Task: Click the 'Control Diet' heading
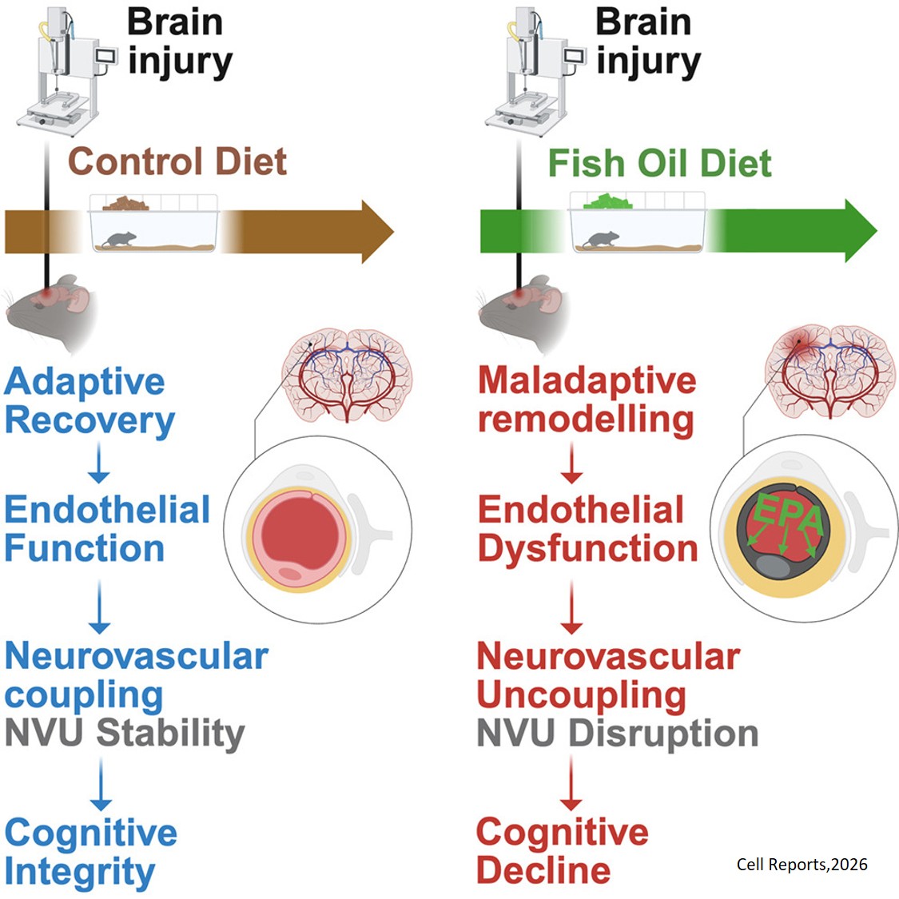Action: click(177, 161)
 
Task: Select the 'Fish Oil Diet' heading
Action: click(659, 163)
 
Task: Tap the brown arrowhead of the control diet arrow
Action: click(376, 231)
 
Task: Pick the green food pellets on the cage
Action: click(607, 202)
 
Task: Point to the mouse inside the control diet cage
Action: click(120, 238)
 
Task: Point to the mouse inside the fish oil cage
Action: click(601, 238)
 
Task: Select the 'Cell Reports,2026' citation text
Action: click(802, 864)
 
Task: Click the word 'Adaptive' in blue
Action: click(85, 382)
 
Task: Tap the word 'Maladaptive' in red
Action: click(587, 380)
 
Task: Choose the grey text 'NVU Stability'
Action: click(125, 734)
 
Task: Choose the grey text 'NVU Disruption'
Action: click(617, 734)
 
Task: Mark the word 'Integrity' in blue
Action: click(80, 872)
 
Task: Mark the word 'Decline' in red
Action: click(543, 870)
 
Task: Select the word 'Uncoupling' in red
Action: click(581, 695)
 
